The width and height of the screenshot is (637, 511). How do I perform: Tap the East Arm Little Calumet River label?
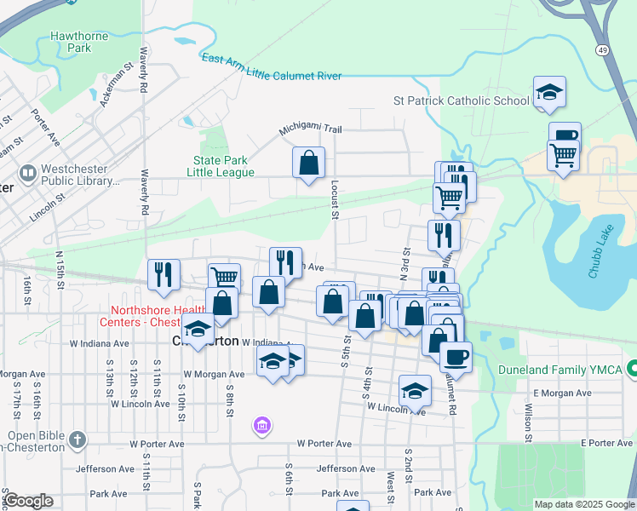(x=272, y=68)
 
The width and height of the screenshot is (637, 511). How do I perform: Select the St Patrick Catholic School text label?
(x=461, y=100)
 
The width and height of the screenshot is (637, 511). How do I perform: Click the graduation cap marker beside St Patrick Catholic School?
(x=550, y=92)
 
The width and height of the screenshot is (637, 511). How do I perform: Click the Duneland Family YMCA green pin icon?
(x=633, y=369)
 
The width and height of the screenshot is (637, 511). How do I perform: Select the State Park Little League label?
(x=223, y=166)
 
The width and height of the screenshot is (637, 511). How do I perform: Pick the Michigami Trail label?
(x=311, y=129)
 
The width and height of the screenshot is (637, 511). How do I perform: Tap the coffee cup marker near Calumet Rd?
(x=456, y=356)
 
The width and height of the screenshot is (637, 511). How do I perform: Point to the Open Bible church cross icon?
(x=77, y=439)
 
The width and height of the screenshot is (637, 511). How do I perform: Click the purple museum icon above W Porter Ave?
(x=262, y=424)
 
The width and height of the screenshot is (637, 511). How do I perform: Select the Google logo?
(x=27, y=501)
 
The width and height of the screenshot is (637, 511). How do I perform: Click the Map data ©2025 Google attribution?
(x=583, y=504)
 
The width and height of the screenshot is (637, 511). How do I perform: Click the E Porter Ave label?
(x=608, y=443)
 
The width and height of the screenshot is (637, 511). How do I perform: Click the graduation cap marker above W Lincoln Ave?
(x=415, y=390)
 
